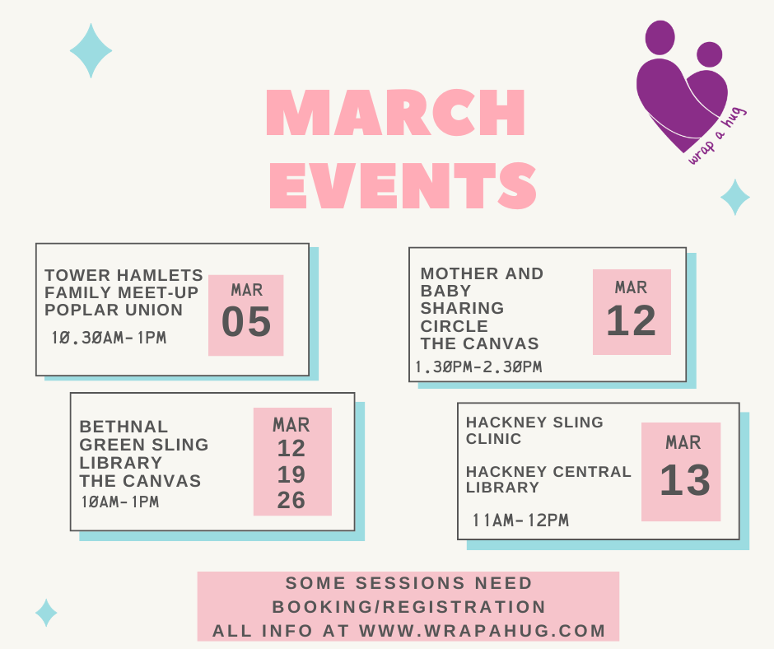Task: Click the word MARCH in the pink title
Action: (396, 112)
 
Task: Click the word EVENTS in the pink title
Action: (403, 185)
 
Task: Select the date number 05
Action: (246, 321)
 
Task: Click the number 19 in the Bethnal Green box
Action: (291, 474)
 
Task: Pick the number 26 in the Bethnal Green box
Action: (291, 500)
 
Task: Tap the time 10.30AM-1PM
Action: (109, 338)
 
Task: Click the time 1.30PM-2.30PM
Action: (479, 367)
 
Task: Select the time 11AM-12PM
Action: (520, 520)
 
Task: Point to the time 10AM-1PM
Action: (120, 502)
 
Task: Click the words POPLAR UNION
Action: (114, 310)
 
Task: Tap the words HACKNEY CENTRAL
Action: (548, 472)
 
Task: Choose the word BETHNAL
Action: (124, 427)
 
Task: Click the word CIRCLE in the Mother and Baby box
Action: (455, 326)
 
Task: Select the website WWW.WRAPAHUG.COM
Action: (483, 631)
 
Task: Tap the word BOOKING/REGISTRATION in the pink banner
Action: (408, 607)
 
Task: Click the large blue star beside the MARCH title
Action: (91, 50)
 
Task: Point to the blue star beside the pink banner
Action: (46, 613)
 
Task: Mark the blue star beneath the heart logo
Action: (735, 197)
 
